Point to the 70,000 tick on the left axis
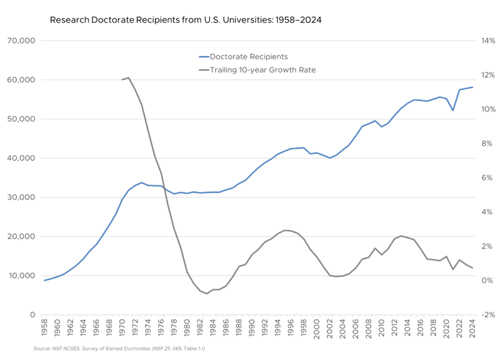[21, 41]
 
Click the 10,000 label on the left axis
[21, 276]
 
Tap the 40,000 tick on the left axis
[21, 158]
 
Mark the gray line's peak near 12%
[129, 78]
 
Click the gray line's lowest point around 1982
[206, 293]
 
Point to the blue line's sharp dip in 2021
[453, 111]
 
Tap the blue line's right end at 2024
[473, 87]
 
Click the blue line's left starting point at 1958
[43, 280]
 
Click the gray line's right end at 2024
[473, 269]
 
